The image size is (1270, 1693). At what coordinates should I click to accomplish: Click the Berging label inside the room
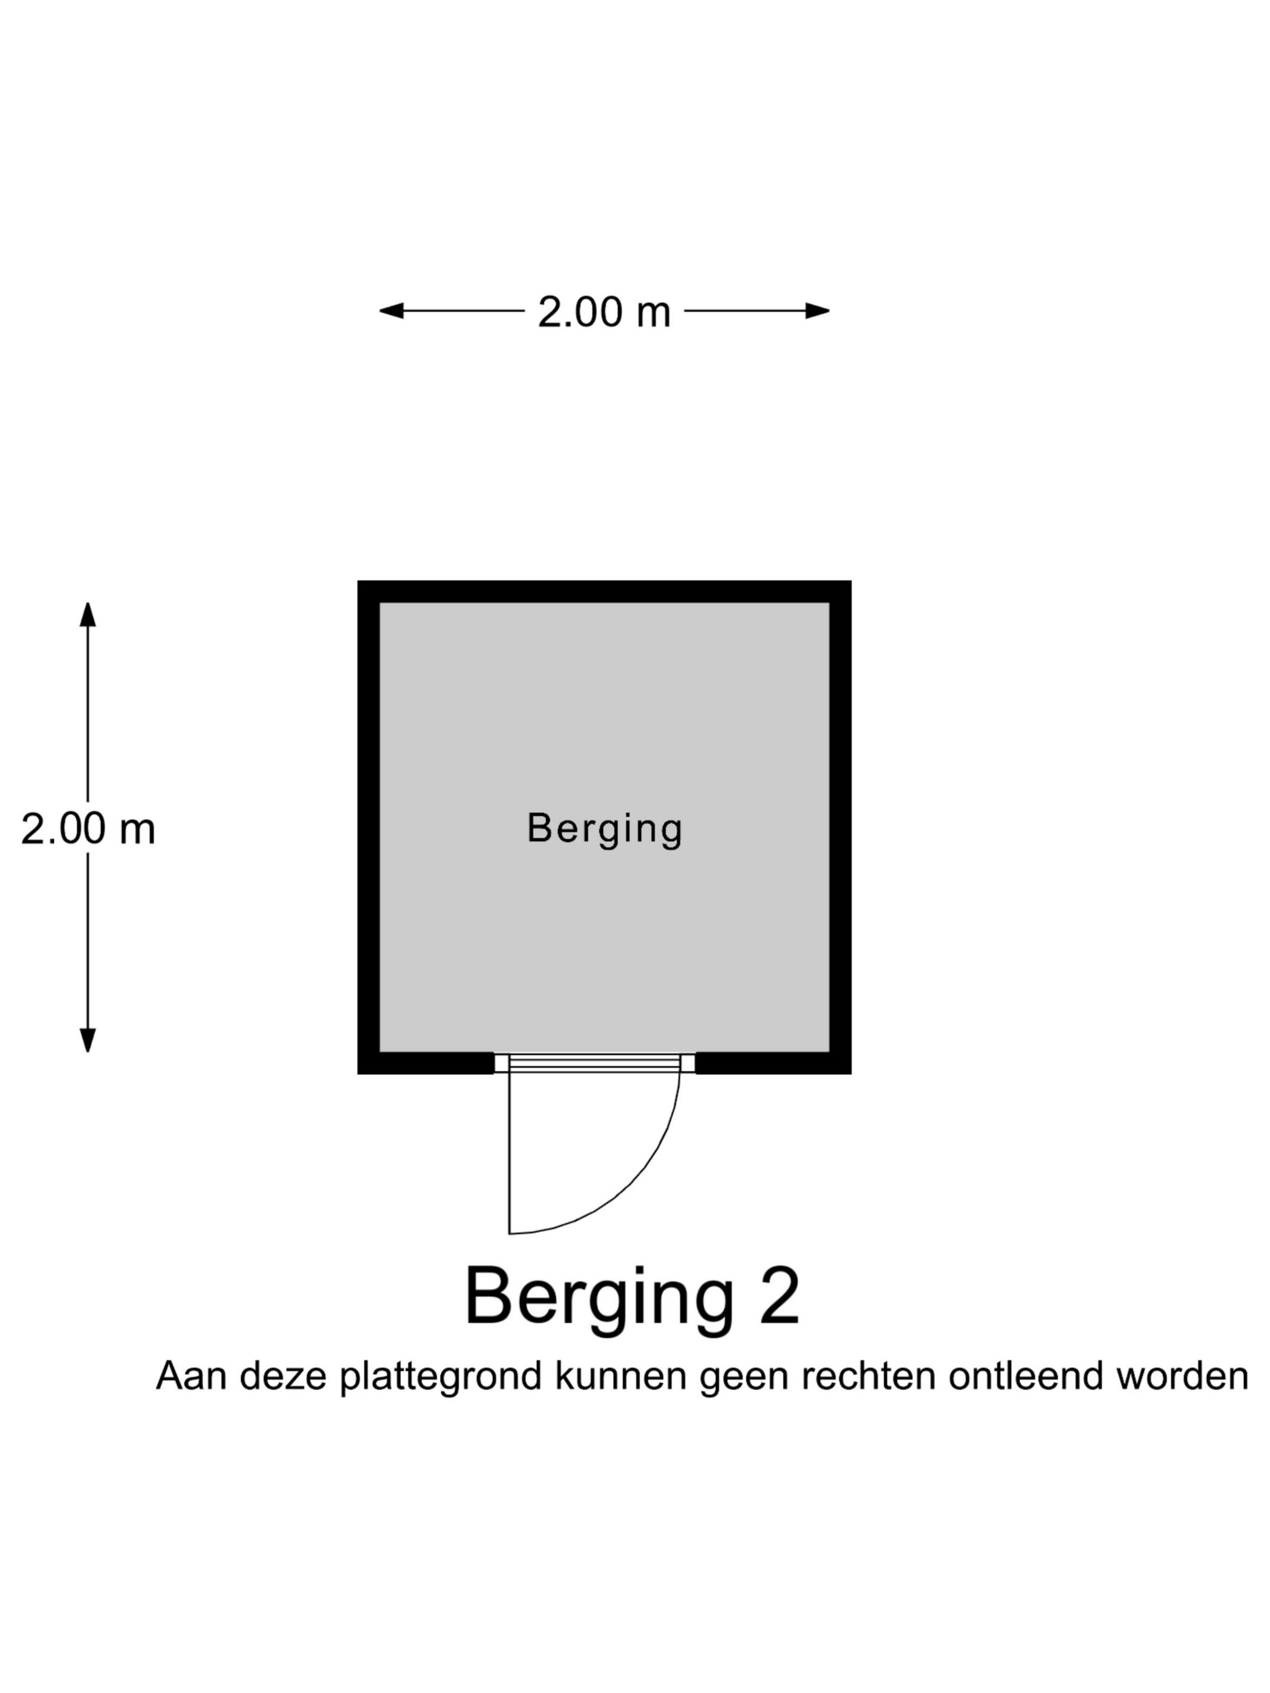click(x=604, y=829)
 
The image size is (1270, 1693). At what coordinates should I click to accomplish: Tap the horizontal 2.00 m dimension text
click(x=604, y=312)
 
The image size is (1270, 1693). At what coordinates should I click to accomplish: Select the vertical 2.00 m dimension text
click(x=88, y=829)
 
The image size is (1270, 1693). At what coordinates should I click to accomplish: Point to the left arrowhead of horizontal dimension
click(x=391, y=311)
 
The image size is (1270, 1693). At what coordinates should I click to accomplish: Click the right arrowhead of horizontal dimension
click(x=818, y=311)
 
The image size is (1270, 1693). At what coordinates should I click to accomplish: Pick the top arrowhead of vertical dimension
click(x=88, y=614)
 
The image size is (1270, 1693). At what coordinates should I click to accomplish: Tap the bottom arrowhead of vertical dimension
click(x=88, y=1040)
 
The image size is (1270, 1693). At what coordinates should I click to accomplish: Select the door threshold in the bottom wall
click(x=594, y=1063)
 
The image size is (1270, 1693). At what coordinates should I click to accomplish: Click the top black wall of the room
click(x=604, y=591)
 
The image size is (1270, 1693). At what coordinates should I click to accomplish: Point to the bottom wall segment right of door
click(x=773, y=1063)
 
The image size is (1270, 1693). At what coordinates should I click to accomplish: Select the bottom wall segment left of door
click(x=426, y=1063)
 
